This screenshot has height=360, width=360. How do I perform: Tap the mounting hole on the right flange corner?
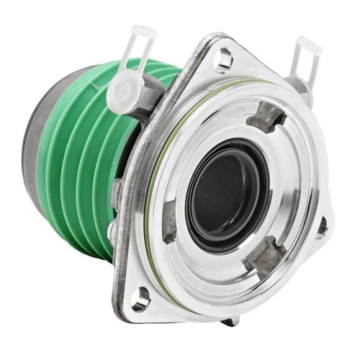(320, 228)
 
